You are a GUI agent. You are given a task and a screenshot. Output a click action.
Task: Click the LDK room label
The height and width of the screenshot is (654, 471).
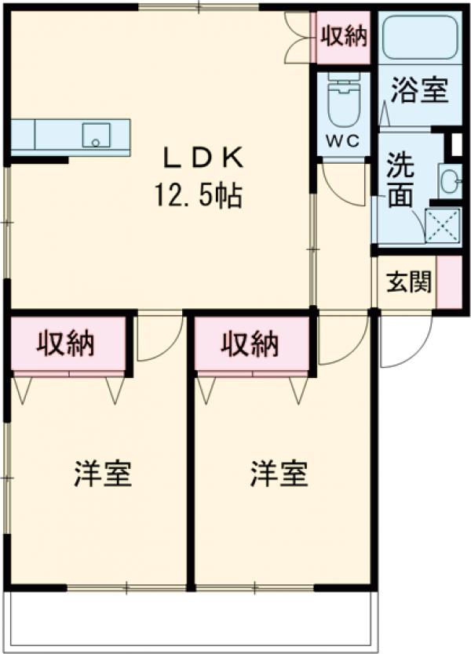pos(202,158)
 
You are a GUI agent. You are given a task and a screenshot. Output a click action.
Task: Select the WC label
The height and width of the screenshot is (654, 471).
pos(343,141)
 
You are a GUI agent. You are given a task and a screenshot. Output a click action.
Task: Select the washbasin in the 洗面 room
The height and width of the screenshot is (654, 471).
pos(450,182)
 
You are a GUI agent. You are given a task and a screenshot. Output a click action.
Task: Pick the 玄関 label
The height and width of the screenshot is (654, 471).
pos(408,282)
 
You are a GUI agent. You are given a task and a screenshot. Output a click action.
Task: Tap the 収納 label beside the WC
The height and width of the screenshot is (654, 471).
pos(343,36)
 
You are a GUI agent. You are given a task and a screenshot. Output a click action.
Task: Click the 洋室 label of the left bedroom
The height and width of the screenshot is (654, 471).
pos(102,474)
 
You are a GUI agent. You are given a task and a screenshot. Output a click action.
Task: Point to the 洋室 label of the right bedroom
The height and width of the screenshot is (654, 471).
pos(279,474)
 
